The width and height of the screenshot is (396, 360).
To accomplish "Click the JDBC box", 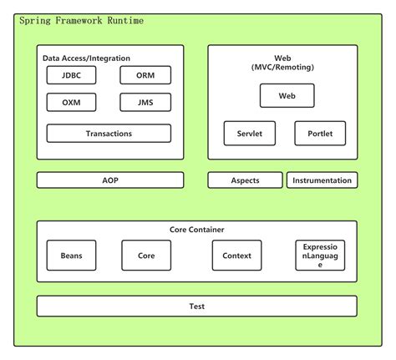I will (x=71, y=75).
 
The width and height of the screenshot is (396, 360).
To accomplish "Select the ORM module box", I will (x=145, y=75).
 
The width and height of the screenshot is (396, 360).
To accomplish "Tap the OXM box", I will (x=71, y=103).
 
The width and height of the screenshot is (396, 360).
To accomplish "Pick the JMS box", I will (x=145, y=103).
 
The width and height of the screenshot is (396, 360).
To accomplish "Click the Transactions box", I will (x=109, y=134).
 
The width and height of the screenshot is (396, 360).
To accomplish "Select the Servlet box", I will (x=249, y=133).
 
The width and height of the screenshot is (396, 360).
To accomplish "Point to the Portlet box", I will (x=320, y=133).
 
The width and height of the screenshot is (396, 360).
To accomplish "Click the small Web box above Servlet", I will (x=287, y=96).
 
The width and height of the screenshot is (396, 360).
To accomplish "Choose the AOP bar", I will (x=110, y=180).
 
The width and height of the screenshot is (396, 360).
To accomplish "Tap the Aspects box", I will (x=245, y=180).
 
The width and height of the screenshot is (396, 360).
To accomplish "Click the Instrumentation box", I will (x=322, y=180).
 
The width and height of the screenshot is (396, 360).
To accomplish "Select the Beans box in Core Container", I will (x=71, y=256).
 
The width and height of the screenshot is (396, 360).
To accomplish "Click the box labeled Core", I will (x=146, y=256).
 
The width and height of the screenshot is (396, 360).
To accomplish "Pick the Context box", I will (x=236, y=256).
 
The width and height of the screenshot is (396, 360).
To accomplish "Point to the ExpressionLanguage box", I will (x=320, y=256).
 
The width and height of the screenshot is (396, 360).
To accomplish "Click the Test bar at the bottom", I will (x=196, y=306).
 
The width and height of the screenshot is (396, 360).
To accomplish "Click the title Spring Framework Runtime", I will (x=80, y=19).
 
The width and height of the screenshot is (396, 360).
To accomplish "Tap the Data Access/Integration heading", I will (x=87, y=58).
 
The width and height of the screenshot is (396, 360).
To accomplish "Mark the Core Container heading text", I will (x=196, y=229).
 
